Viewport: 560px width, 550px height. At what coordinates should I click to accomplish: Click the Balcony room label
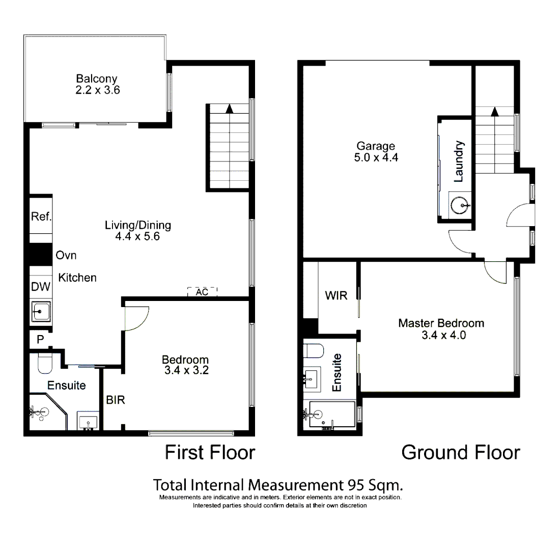click(x=97, y=79)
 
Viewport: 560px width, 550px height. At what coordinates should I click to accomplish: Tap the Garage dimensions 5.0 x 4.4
click(x=376, y=157)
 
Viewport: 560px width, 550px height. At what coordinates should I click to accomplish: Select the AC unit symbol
click(x=202, y=292)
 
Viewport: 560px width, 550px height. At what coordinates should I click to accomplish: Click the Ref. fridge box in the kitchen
click(x=41, y=217)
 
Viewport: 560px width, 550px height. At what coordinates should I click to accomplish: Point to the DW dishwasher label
click(x=41, y=287)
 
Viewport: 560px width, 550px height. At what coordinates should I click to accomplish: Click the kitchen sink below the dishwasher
click(x=41, y=311)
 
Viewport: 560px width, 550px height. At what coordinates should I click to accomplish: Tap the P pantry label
click(x=40, y=340)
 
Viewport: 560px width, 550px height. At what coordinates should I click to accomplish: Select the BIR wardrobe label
click(x=116, y=400)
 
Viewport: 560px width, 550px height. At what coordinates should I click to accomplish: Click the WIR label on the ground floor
click(x=336, y=295)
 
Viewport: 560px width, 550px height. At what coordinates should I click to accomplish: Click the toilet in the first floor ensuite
click(x=45, y=363)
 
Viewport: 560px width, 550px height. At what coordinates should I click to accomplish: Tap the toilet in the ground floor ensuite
click(x=314, y=351)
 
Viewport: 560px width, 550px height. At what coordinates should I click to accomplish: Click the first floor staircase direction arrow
click(x=230, y=108)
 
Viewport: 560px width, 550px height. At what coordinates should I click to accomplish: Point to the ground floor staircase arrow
click(x=494, y=111)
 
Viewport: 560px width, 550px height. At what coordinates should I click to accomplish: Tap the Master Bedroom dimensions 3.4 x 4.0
click(x=441, y=335)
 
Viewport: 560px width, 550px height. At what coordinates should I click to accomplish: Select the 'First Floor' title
click(x=210, y=452)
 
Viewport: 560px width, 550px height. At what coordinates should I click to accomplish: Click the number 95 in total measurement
click(x=356, y=484)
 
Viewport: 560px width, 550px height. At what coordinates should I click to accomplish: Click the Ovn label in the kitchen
click(x=66, y=255)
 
